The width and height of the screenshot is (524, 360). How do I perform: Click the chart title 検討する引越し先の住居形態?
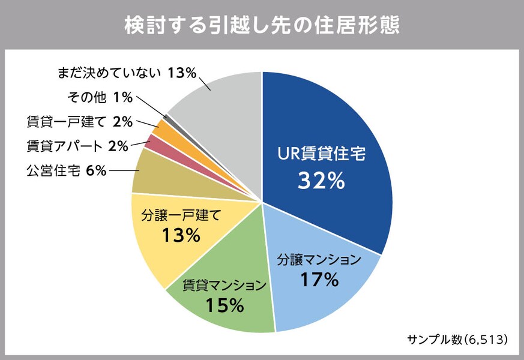[x=262, y=25]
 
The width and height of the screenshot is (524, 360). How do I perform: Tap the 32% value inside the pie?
[x=321, y=181]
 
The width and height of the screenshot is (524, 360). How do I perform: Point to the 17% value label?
[x=319, y=280]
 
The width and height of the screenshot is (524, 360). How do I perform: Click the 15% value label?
[x=224, y=305]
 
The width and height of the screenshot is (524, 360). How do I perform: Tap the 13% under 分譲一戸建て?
[x=181, y=235]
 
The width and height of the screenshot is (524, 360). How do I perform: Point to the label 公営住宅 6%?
[x=66, y=171]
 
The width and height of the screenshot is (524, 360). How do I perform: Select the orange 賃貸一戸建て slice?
[x=161, y=127]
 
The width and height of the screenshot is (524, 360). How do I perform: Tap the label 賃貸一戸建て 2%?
[x=79, y=122]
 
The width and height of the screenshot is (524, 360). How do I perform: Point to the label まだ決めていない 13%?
[x=127, y=73]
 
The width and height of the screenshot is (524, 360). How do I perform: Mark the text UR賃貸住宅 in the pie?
[x=321, y=153]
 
